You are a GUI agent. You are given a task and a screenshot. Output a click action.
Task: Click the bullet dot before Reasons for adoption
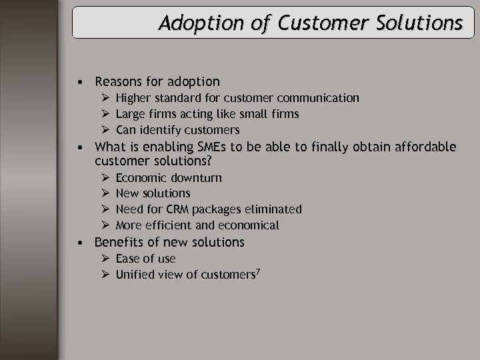(79, 83)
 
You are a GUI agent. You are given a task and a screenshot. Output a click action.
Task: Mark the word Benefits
(119, 242)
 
